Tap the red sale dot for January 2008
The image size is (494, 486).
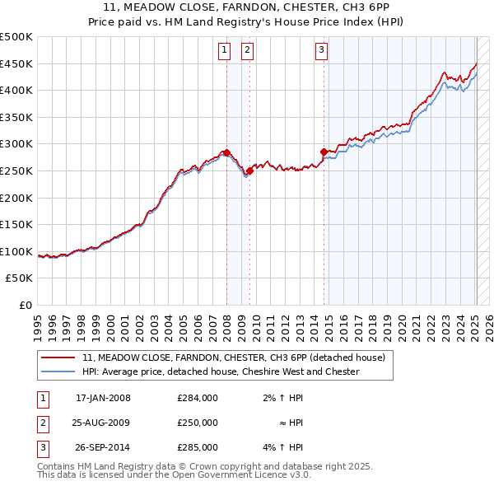(226, 152)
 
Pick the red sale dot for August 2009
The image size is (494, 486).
(249, 171)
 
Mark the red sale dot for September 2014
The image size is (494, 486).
(324, 152)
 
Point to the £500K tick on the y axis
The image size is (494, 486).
(16, 37)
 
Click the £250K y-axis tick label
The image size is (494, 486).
(16, 171)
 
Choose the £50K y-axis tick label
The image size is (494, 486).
(20, 278)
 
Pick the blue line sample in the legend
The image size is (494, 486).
(59, 372)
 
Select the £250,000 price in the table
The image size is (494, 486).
(198, 423)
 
